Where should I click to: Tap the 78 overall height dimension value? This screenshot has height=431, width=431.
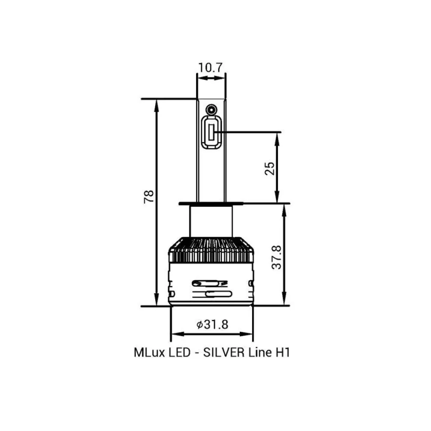(149, 197)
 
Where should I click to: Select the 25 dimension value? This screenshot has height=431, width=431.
(270, 169)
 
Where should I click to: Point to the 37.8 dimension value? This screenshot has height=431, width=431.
(276, 257)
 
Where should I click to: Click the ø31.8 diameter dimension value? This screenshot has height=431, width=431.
(212, 325)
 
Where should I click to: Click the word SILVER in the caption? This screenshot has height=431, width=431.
(224, 353)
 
